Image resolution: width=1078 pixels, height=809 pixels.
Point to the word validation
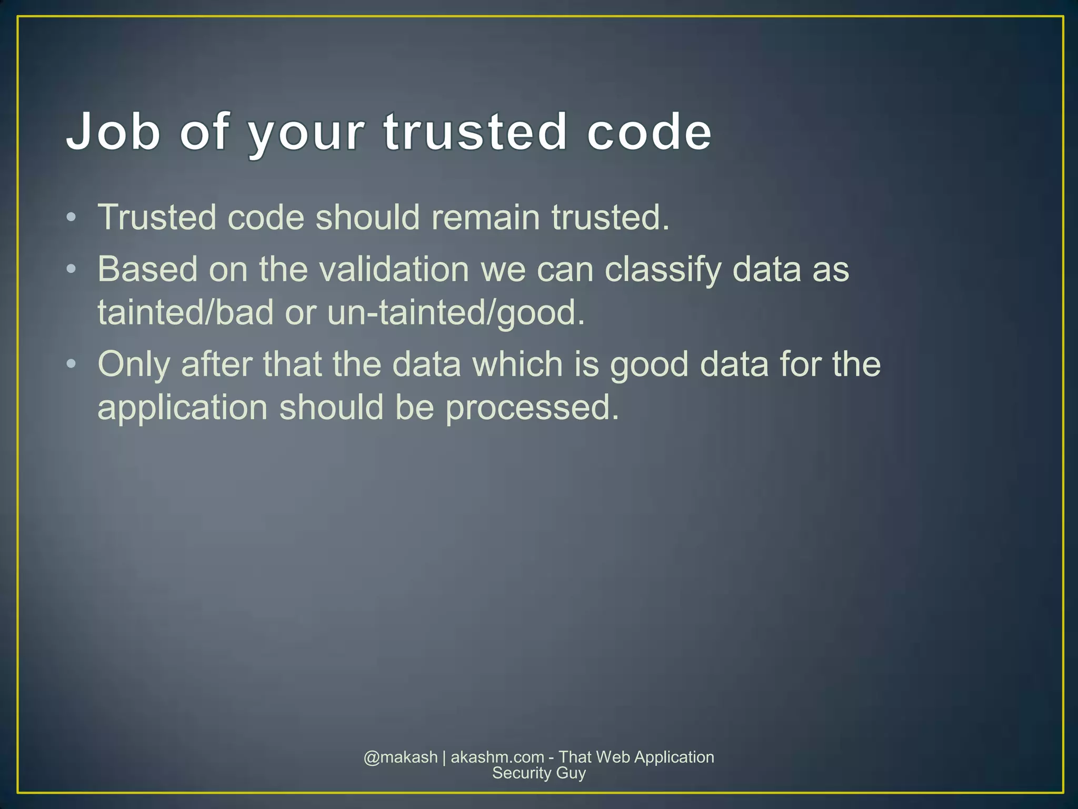click(x=394, y=269)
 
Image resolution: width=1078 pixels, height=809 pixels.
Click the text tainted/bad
click(x=185, y=312)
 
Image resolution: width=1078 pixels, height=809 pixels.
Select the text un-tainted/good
click(x=456, y=313)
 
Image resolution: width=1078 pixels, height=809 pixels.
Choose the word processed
click(x=532, y=408)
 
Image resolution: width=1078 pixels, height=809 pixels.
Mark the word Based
click(x=147, y=269)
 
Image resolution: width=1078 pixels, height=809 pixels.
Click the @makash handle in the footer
click(x=401, y=757)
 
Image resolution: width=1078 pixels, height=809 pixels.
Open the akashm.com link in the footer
click(x=497, y=757)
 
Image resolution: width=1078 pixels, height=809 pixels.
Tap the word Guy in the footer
click(x=571, y=774)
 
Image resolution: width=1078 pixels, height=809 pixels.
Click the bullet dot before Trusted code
click(x=72, y=218)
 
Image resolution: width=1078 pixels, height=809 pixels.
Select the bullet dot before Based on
click(x=72, y=270)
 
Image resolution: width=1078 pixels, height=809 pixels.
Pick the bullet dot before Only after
click(x=72, y=364)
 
